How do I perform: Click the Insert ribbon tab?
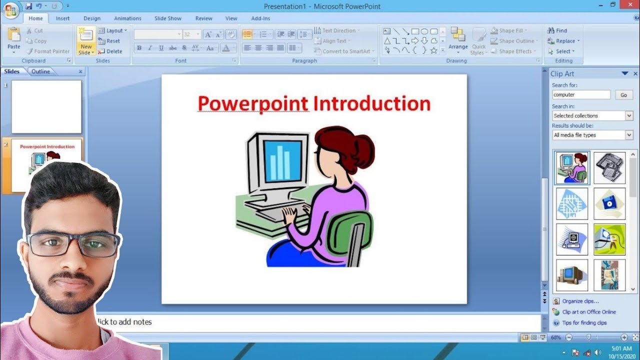click(62, 18)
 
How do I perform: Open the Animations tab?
click(127, 18)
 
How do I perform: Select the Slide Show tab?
click(167, 18)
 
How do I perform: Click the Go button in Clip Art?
click(623, 95)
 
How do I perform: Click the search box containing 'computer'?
click(581, 94)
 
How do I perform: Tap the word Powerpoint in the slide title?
click(253, 103)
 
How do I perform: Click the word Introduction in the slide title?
click(371, 103)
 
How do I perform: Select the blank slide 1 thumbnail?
click(46, 106)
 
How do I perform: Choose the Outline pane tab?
click(41, 71)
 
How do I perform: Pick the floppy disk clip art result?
click(609, 203)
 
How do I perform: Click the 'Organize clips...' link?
click(580, 301)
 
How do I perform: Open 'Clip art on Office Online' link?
click(588, 312)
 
